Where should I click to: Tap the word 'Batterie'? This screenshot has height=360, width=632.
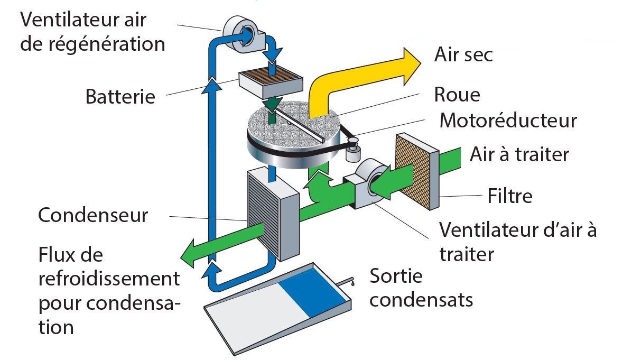pos(121,97)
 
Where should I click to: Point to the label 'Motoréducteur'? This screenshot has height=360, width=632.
pos(508,121)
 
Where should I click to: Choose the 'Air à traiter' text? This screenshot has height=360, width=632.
pos(519,155)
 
